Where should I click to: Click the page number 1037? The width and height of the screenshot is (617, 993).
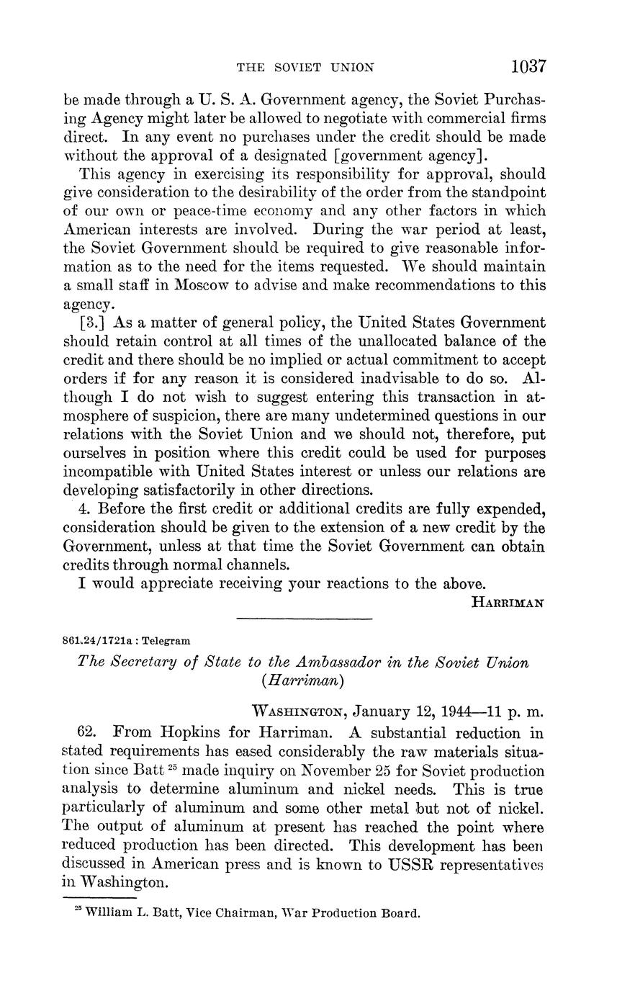529,67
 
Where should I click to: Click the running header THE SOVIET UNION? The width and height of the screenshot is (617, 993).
306,68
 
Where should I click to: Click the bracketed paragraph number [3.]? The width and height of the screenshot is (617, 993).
90,323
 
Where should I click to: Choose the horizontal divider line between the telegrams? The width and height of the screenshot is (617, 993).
304,619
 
